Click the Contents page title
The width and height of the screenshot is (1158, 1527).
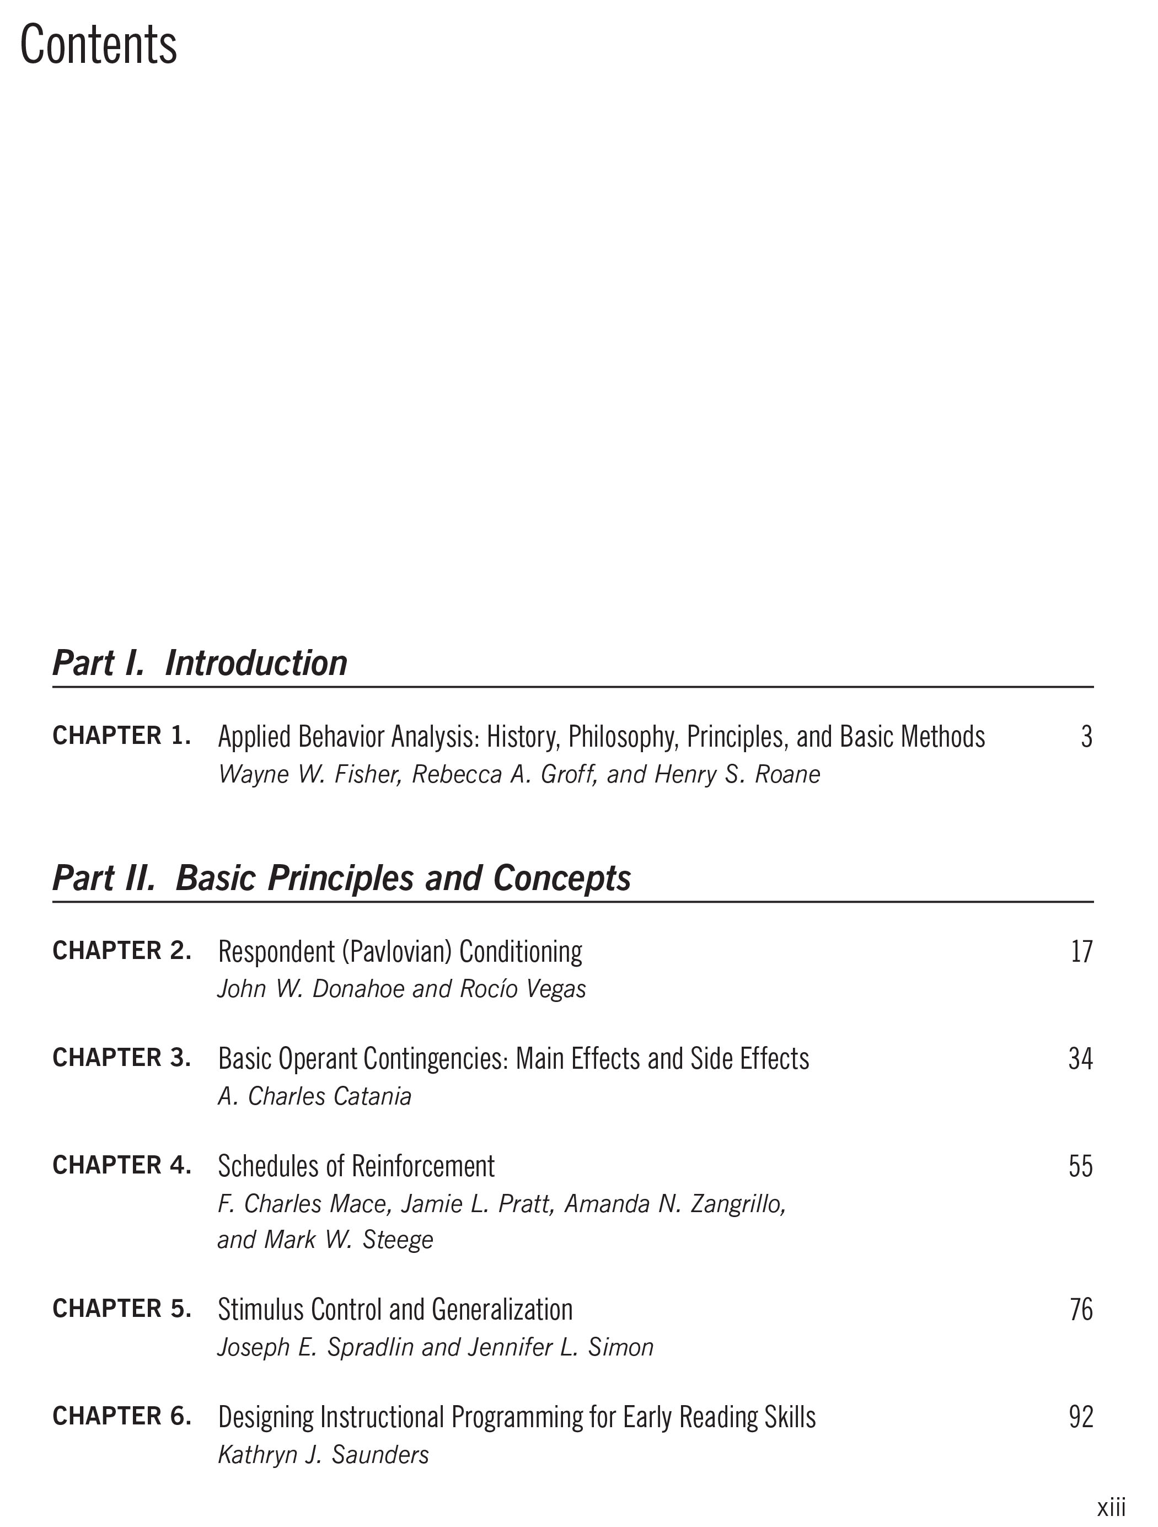(x=99, y=45)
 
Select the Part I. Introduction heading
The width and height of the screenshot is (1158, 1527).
(x=200, y=663)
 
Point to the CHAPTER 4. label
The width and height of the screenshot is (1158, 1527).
(x=121, y=1165)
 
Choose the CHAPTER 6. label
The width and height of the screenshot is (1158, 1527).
(x=121, y=1416)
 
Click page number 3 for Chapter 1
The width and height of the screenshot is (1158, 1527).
(x=1086, y=737)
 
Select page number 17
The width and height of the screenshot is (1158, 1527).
(x=1081, y=952)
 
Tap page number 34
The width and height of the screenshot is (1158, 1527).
(x=1080, y=1059)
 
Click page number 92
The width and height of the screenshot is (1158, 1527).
(x=1081, y=1417)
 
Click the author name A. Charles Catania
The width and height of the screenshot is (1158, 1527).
(x=315, y=1096)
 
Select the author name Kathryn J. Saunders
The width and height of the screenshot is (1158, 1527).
(x=323, y=1455)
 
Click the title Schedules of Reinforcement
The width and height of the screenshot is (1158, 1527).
(x=356, y=1167)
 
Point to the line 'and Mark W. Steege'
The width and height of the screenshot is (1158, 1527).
(x=325, y=1240)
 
